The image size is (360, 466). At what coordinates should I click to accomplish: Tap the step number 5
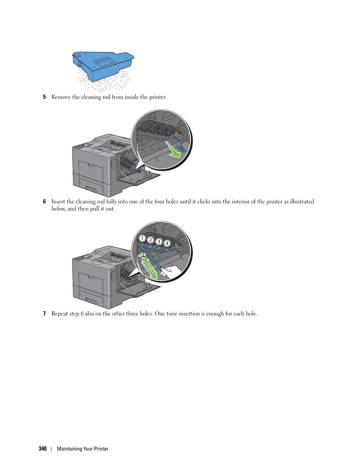click(x=44, y=97)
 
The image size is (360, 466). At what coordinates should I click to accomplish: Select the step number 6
click(x=44, y=201)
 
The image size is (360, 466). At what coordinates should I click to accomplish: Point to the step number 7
click(x=44, y=314)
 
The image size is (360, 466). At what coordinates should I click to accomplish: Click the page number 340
click(x=42, y=449)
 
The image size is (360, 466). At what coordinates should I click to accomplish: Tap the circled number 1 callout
click(x=142, y=238)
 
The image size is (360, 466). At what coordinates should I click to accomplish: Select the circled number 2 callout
click(x=150, y=240)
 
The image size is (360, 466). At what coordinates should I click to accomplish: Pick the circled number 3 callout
click(x=159, y=242)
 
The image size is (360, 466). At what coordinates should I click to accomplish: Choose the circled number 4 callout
click(x=167, y=243)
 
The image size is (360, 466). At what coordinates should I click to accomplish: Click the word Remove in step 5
click(x=61, y=97)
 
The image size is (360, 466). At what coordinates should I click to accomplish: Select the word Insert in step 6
click(x=58, y=201)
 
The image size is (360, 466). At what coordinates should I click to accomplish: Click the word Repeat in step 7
click(x=60, y=314)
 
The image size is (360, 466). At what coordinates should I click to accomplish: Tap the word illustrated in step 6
click(x=302, y=201)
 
